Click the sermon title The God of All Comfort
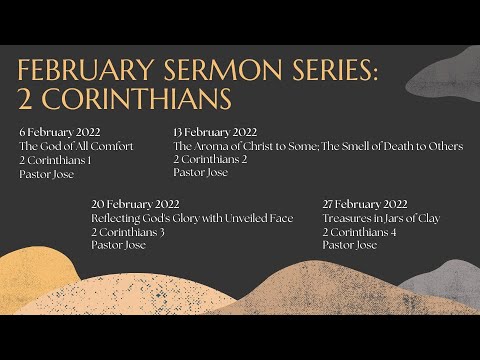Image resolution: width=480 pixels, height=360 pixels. (x=76, y=146)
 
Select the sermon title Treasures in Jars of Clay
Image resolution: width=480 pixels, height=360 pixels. (x=382, y=218)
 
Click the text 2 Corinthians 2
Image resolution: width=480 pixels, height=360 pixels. (x=210, y=159)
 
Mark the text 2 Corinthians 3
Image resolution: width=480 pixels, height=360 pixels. (x=126, y=232)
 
